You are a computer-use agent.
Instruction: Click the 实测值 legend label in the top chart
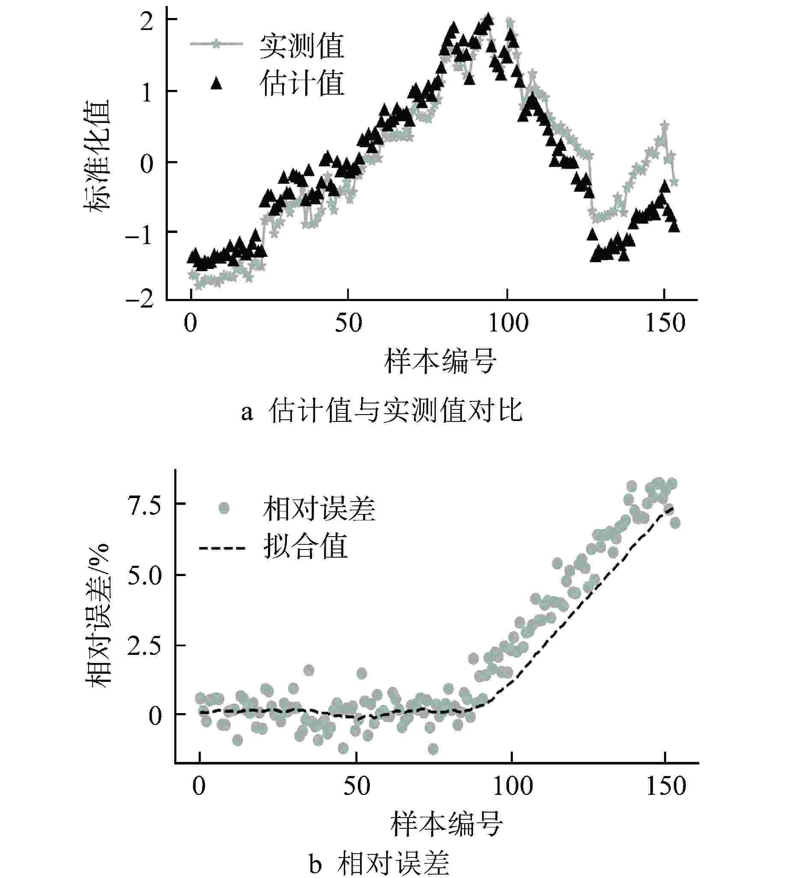point(302,46)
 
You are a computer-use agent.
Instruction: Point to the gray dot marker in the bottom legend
point(224,508)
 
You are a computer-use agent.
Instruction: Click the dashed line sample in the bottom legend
point(222,548)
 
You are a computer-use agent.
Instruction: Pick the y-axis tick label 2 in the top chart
point(146,21)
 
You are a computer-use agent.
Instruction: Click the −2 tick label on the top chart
point(140,299)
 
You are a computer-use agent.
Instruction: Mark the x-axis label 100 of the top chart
point(508,324)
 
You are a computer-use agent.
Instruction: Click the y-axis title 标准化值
point(97,156)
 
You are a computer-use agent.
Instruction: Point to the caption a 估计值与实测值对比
point(382,410)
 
